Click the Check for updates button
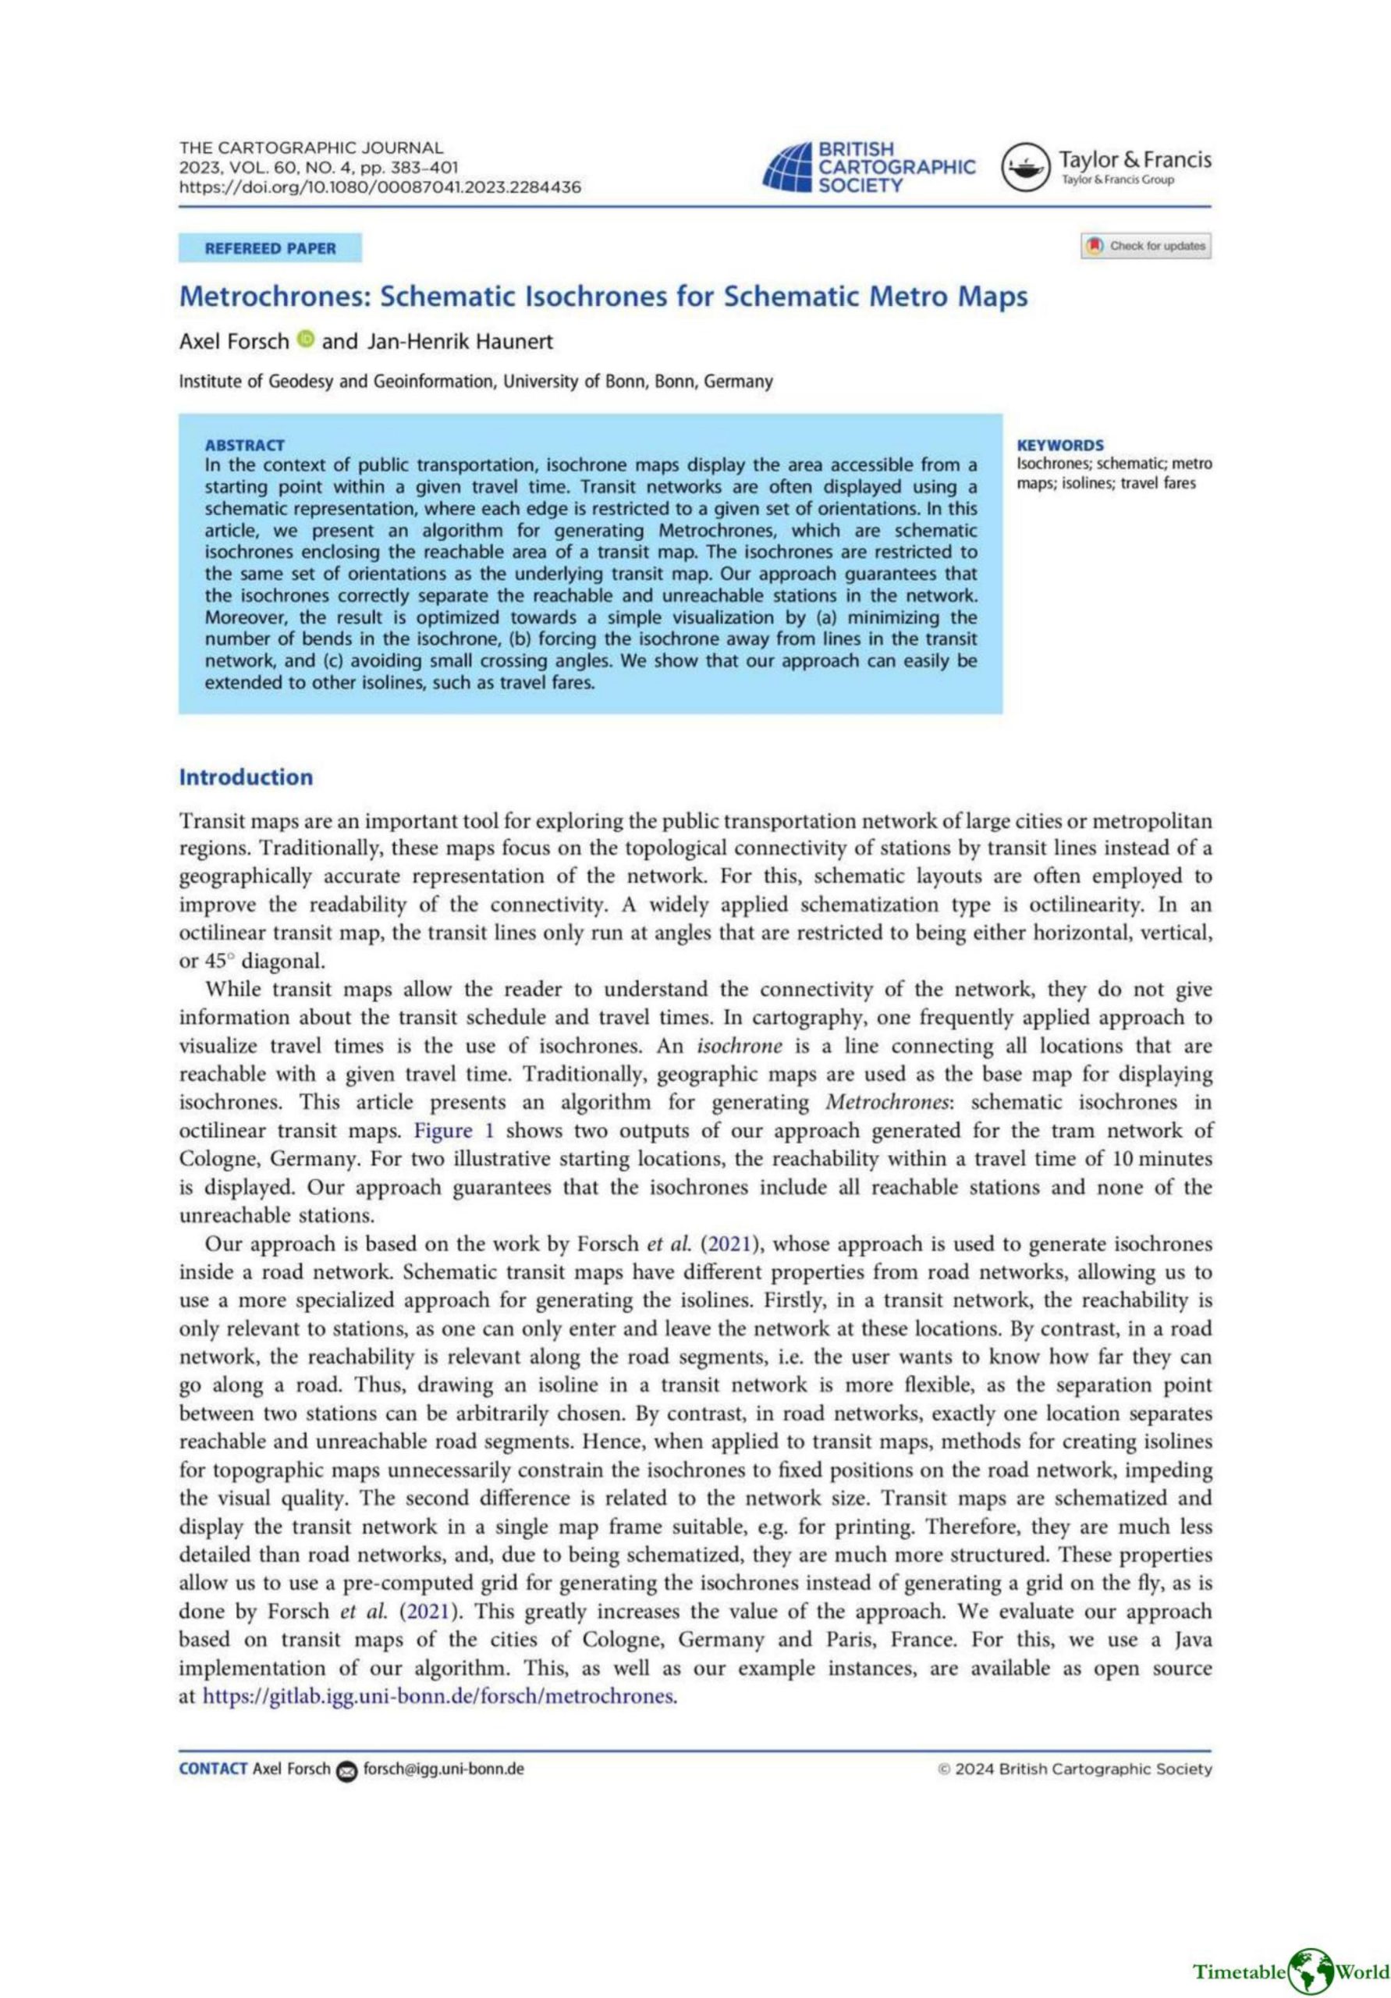pyautogui.click(x=1144, y=247)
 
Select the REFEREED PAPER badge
pyautogui.click(x=270, y=249)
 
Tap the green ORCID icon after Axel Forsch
pyautogui.click(x=304, y=340)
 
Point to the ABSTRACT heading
pyautogui.click(x=244, y=445)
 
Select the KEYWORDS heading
pyautogui.click(x=1059, y=445)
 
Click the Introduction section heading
pyautogui.click(x=245, y=777)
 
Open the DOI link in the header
pyautogui.click(x=380, y=187)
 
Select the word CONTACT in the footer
pyautogui.click(x=212, y=1769)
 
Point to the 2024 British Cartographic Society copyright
pyautogui.click(x=1074, y=1769)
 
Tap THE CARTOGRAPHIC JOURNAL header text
pyautogui.click(x=310, y=148)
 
